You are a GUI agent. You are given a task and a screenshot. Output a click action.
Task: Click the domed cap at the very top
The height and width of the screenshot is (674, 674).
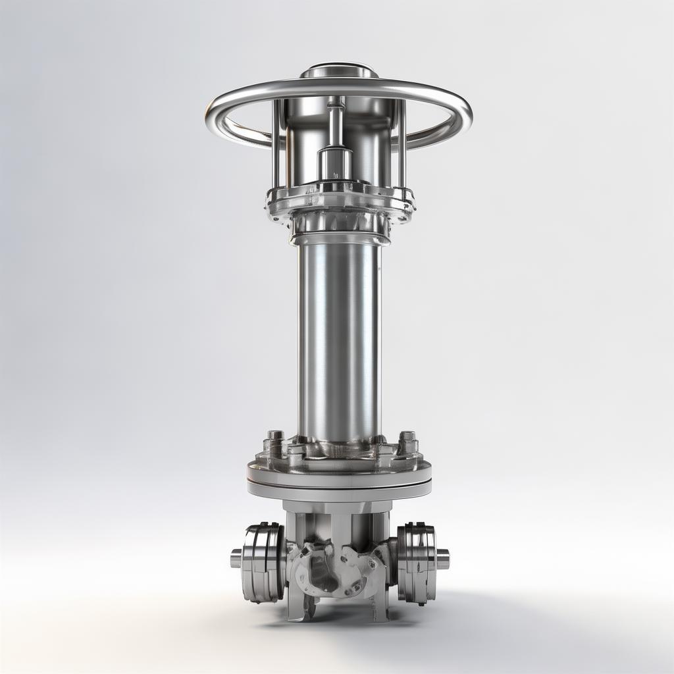tap(339, 70)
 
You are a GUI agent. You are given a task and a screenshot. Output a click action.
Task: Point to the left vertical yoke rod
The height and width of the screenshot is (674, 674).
tap(277, 145)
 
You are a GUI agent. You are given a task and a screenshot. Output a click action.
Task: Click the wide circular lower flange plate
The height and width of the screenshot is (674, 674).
tap(339, 471)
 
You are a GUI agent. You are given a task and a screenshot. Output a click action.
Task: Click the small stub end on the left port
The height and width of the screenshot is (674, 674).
tap(236, 559)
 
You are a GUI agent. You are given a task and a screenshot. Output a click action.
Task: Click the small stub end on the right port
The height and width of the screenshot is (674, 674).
tap(443, 559)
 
